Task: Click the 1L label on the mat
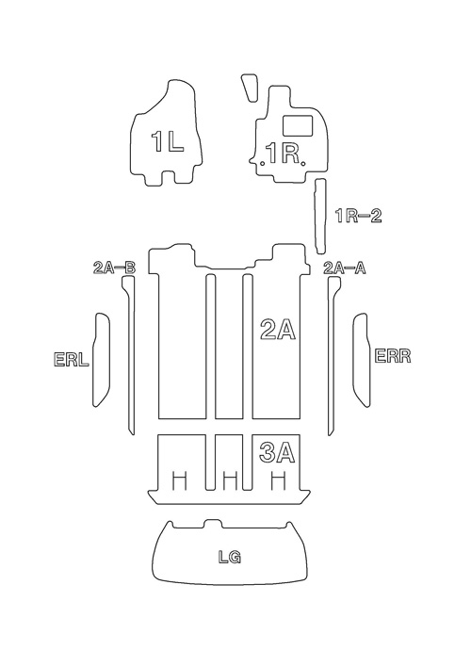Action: pos(168,141)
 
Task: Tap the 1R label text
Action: pos(283,154)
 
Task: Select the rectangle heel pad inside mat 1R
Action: pos(299,125)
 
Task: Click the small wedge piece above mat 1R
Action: pos(250,88)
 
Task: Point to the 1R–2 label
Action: pos(359,216)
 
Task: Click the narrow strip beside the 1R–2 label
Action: pos(319,217)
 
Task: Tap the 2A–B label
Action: pos(114,268)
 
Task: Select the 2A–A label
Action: pos(345,268)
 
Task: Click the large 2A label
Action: pos(278,330)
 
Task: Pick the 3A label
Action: pos(277,452)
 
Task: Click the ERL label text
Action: pos(72,359)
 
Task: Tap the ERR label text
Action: pos(393,355)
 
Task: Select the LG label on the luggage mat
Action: pos(230,557)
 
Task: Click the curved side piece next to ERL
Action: pos(102,360)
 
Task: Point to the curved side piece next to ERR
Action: pos(361,360)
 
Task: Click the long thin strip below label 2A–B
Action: pos(129,355)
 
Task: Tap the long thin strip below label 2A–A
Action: pos(334,355)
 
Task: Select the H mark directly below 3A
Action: pos(278,480)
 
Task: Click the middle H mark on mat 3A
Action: pos(230,480)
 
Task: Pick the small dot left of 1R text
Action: pos(263,164)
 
